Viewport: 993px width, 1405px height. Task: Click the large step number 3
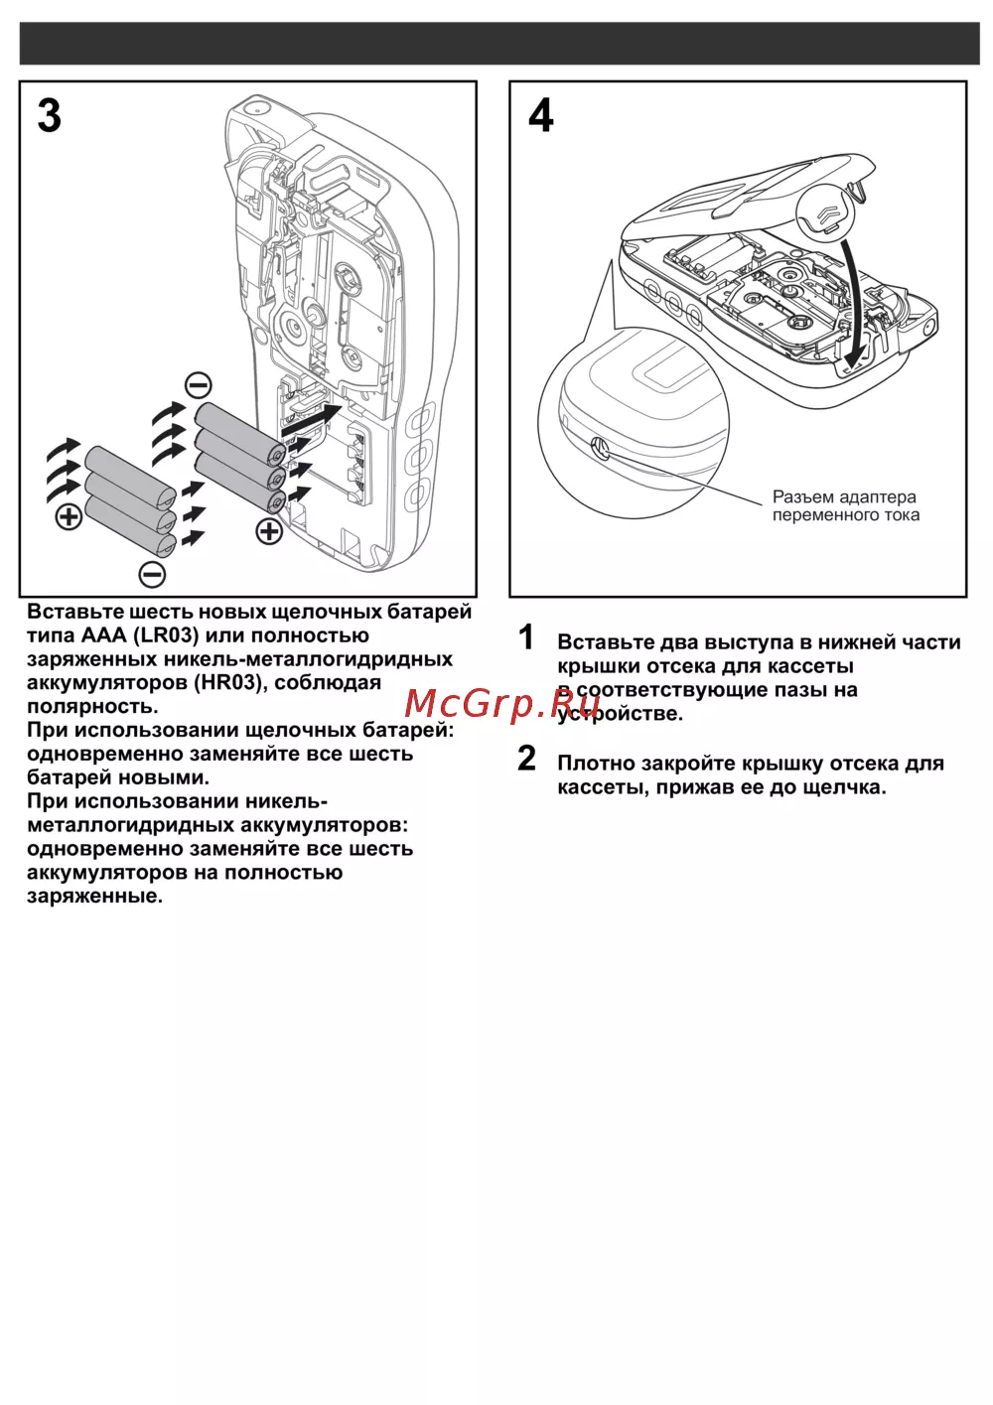pyautogui.click(x=50, y=116)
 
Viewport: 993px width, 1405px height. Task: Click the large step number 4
pyautogui.click(x=541, y=116)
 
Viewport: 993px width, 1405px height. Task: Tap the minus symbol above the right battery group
pyautogui.click(x=199, y=384)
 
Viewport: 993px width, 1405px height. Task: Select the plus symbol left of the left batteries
pyautogui.click(x=69, y=516)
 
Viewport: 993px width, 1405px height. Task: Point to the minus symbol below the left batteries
pyautogui.click(x=152, y=573)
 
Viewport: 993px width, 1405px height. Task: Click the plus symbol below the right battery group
pyautogui.click(x=269, y=531)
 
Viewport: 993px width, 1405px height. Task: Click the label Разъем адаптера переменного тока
pyautogui.click(x=845, y=505)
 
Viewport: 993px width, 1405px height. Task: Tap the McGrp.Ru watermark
pyautogui.click(x=501, y=703)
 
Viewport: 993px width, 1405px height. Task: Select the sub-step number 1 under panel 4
pyautogui.click(x=527, y=637)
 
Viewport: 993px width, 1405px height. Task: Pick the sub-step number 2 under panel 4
pyautogui.click(x=527, y=759)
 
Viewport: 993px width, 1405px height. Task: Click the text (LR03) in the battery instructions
pyautogui.click(x=166, y=635)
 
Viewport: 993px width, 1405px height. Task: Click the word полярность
pyautogui.click(x=92, y=707)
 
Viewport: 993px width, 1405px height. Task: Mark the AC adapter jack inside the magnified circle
pyautogui.click(x=599, y=447)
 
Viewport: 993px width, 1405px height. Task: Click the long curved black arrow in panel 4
pyautogui.click(x=851, y=298)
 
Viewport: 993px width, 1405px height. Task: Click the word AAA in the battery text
pyautogui.click(x=103, y=635)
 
